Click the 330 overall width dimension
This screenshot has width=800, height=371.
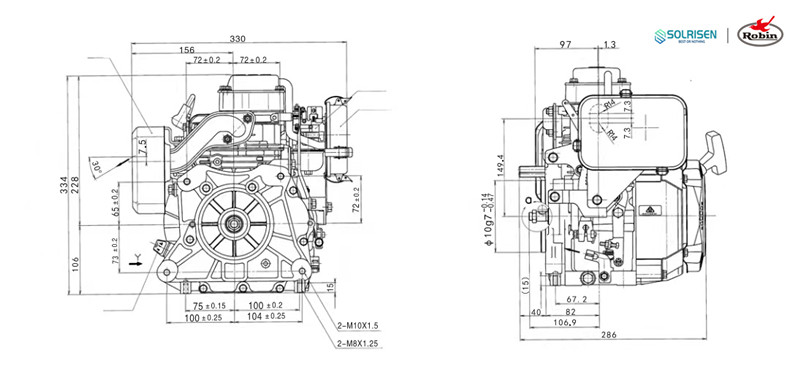click(238, 38)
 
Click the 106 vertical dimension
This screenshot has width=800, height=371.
click(77, 262)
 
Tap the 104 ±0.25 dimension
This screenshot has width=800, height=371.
click(266, 316)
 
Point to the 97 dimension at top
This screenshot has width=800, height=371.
click(566, 44)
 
